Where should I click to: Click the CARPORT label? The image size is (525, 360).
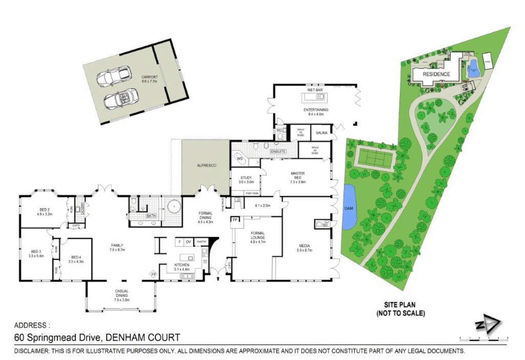tap(149, 77)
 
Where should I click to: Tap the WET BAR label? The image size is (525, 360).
tap(315, 90)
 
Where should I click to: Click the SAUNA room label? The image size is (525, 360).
tap(321, 133)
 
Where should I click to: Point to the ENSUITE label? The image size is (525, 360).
tap(278, 152)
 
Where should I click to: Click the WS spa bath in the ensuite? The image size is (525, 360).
tap(239, 159)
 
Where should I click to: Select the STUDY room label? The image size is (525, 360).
tap(246, 178)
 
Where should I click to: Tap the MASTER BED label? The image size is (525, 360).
tap(297, 175)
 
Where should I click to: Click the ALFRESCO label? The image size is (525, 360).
tap(206, 165)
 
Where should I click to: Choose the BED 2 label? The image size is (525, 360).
tap(44, 210)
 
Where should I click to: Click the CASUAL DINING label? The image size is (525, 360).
tap(122, 293)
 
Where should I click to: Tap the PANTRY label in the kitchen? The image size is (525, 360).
tap(201, 242)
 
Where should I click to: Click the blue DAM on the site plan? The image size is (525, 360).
tap(349, 208)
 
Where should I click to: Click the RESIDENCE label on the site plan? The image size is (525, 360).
tap(436, 74)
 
